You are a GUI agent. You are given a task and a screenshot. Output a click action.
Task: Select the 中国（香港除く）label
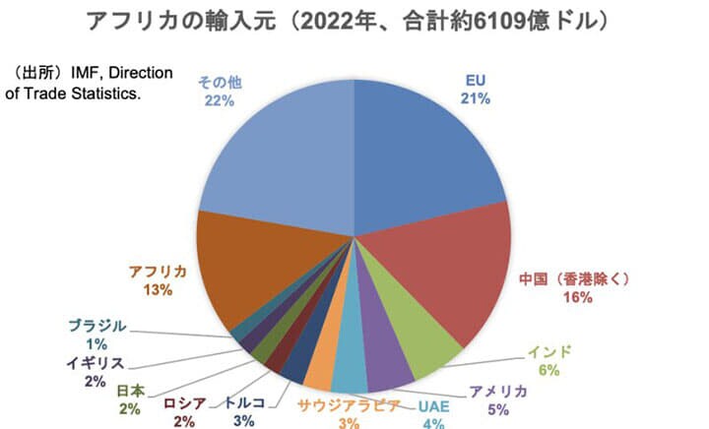577,278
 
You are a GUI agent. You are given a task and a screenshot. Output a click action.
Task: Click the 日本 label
130,391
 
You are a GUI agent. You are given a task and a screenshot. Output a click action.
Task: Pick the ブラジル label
97,326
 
